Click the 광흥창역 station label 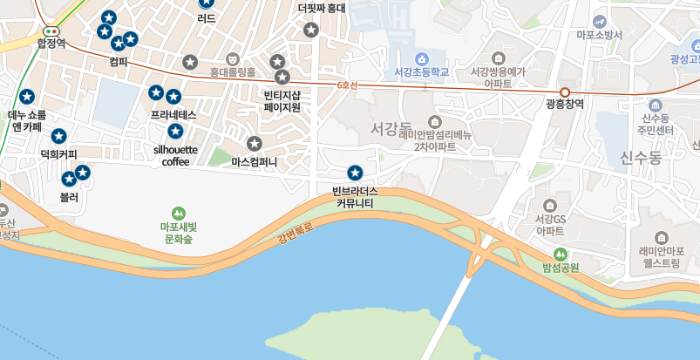[x=564, y=104]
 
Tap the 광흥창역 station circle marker [x=565, y=92]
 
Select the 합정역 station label [x=51, y=43]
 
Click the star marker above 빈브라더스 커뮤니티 [x=355, y=173]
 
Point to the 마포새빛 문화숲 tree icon [x=178, y=213]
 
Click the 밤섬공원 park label [x=561, y=268]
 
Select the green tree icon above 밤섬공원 [x=561, y=254]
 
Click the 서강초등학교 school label [x=421, y=72]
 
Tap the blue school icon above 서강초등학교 [x=422, y=58]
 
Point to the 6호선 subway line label [x=347, y=85]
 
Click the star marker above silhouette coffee [x=175, y=131]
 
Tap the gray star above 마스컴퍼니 [x=255, y=144]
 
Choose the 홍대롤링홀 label [x=233, y=72]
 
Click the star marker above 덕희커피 [x=58, y=136]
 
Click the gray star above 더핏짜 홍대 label [x=310, y=30]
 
